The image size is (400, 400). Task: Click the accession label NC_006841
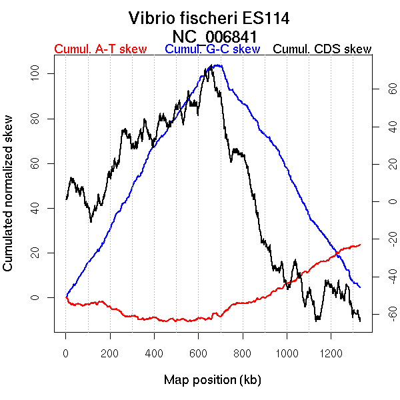[215, 36]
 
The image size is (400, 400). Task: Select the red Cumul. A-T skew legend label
[100, 49]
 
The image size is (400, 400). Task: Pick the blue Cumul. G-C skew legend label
[212, 49]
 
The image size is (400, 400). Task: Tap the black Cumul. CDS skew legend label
[323, 49]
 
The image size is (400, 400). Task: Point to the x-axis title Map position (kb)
[212, 380]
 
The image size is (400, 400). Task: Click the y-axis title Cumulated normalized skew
[9, 201]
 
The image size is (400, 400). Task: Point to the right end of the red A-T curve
[360, 245]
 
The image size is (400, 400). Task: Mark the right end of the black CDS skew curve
[360, 321]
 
